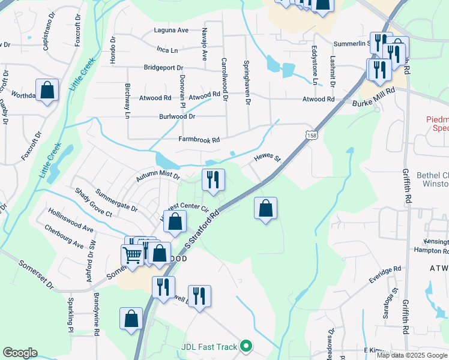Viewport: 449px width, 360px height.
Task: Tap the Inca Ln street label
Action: tap(167, 50)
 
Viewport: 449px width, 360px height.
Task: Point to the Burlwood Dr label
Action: tap(177, 116)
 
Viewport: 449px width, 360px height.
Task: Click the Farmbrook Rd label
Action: tap(199, 139)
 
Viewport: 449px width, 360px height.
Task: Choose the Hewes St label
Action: tap(268, 157)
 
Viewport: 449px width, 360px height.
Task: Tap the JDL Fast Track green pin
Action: tap(245, 346)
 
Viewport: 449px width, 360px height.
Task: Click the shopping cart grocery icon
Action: tap(132, 255)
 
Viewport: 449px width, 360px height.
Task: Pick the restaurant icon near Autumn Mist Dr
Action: tap(213, 179)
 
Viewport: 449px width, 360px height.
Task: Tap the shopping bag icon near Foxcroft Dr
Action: tap(47, 90)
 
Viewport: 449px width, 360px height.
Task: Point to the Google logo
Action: tap(20, 353)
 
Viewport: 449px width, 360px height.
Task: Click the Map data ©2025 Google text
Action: tap(412, 355)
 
